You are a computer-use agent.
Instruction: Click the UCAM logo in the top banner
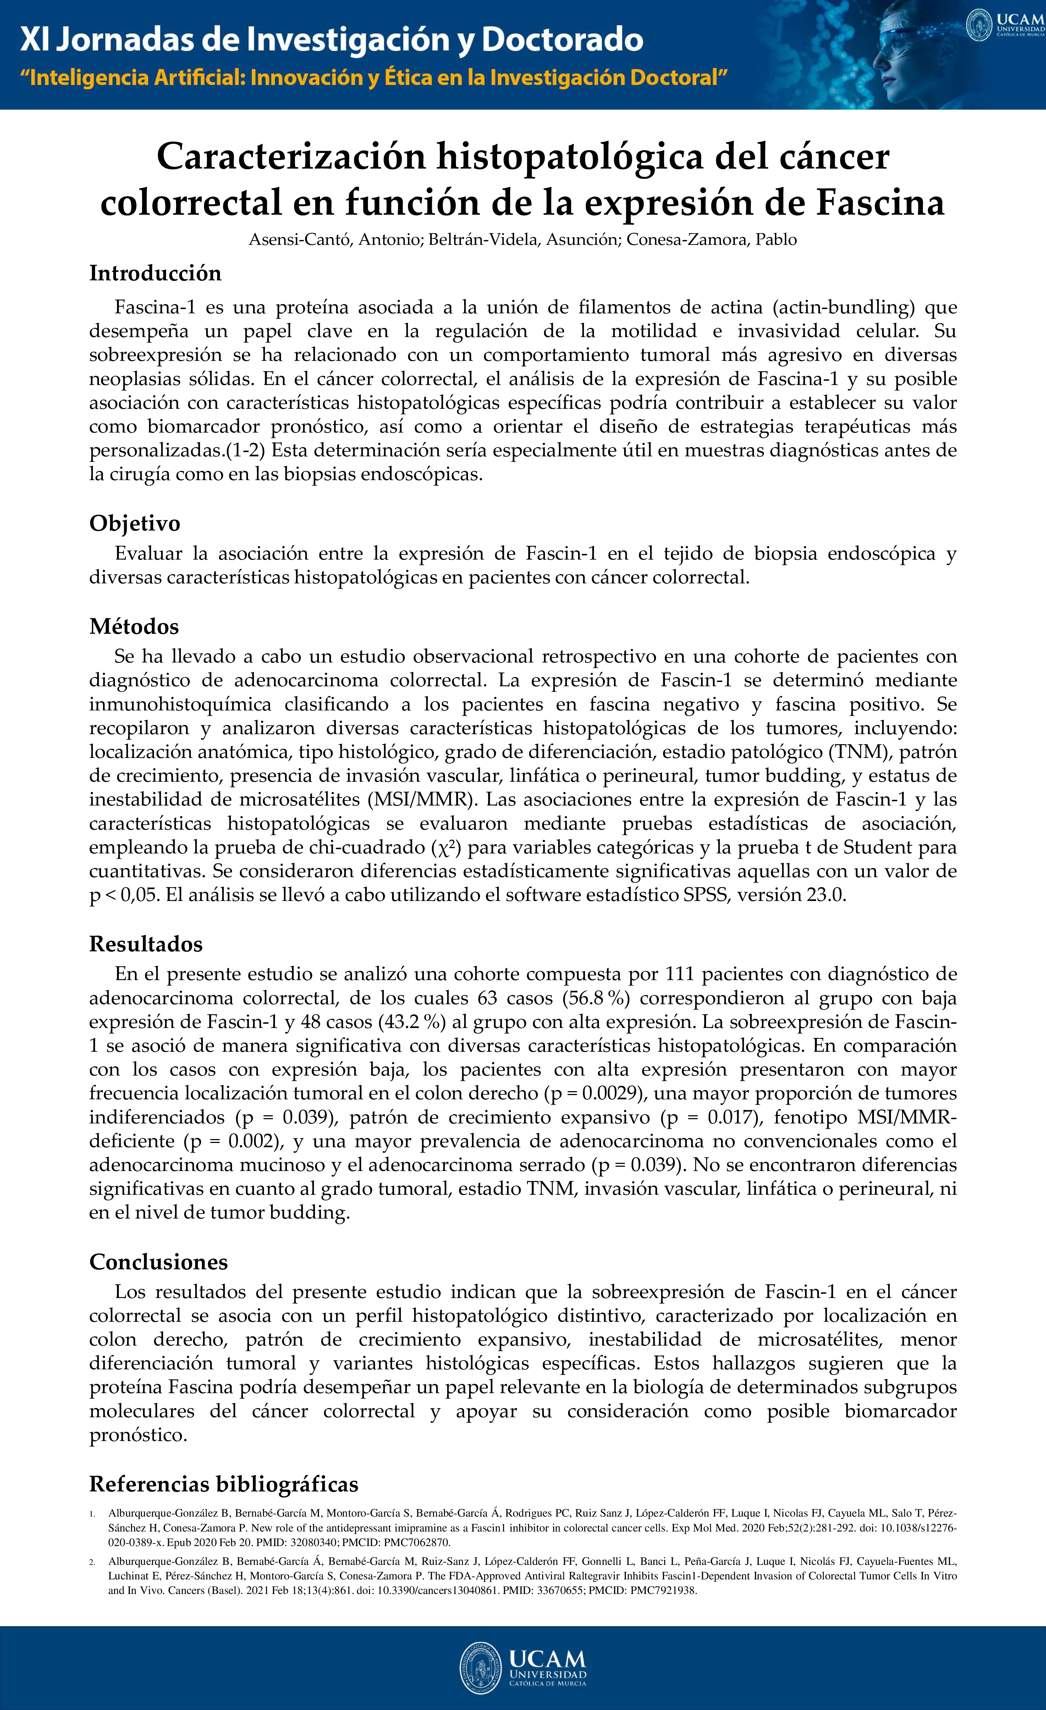pos(1004,25)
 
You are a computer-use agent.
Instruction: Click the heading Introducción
pos(155,274)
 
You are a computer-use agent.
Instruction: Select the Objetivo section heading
pos(135,523)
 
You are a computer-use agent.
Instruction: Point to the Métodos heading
pos(134,627)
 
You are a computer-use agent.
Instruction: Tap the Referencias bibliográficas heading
pos(224,1484)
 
